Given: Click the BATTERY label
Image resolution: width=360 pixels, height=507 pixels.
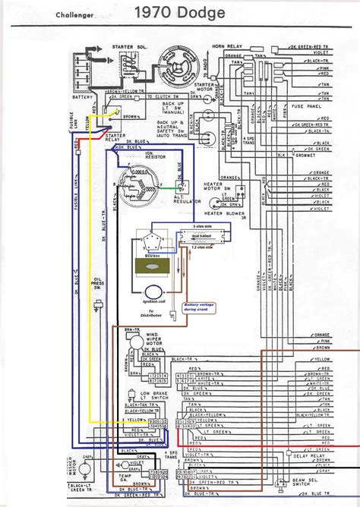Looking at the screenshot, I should [81, 97].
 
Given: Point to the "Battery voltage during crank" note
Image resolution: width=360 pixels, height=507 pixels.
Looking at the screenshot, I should [200, 308].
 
